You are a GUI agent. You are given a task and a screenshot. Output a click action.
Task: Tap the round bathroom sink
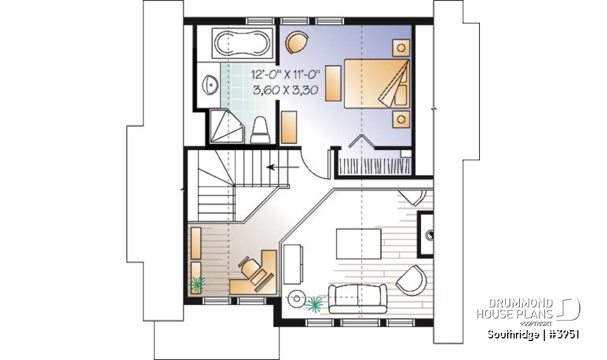209,83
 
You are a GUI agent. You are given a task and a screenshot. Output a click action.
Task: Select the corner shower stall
226,127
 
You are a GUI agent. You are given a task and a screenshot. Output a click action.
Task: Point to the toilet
260,130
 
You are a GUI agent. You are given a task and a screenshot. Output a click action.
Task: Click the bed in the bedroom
376,81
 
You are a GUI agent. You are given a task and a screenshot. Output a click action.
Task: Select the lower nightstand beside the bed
400,118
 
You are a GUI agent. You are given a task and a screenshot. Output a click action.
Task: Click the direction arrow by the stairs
278,168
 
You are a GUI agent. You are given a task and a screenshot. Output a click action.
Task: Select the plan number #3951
563,333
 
